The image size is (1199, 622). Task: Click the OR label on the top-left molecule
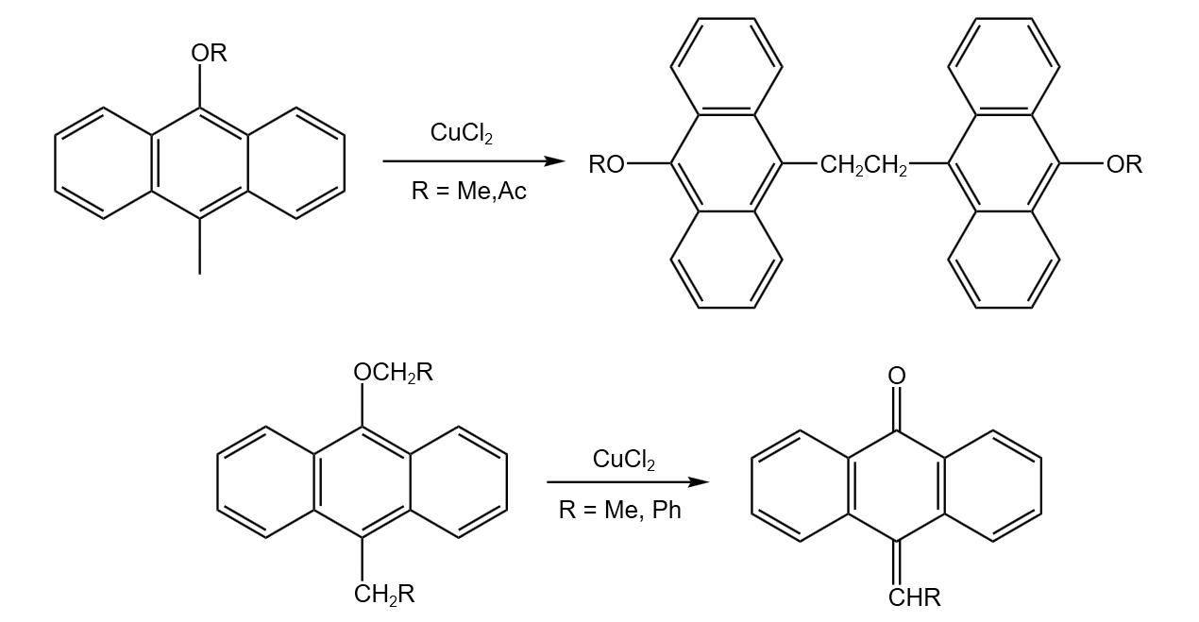click(210, 53)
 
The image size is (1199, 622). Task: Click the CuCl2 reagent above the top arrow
click(462, 133)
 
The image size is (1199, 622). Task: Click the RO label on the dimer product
click(606, 165)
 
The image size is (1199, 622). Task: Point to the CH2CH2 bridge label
click(863, 166)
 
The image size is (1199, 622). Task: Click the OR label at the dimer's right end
click(1123, 165)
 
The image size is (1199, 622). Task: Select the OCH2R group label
click(393, 373)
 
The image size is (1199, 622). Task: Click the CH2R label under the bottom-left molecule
click(383, 595)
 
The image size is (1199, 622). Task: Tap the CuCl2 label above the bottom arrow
click(624, 460)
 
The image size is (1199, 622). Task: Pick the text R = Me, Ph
click(619, 511)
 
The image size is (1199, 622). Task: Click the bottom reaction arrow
click(628, 483)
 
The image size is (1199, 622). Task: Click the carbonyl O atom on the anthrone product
click(897, 376)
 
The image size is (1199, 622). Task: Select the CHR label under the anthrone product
click(914, 597)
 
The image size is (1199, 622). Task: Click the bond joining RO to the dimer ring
click(649, 164)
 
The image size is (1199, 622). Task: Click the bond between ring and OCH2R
click(363, 407)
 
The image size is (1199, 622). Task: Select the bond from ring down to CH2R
click(363, 559)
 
